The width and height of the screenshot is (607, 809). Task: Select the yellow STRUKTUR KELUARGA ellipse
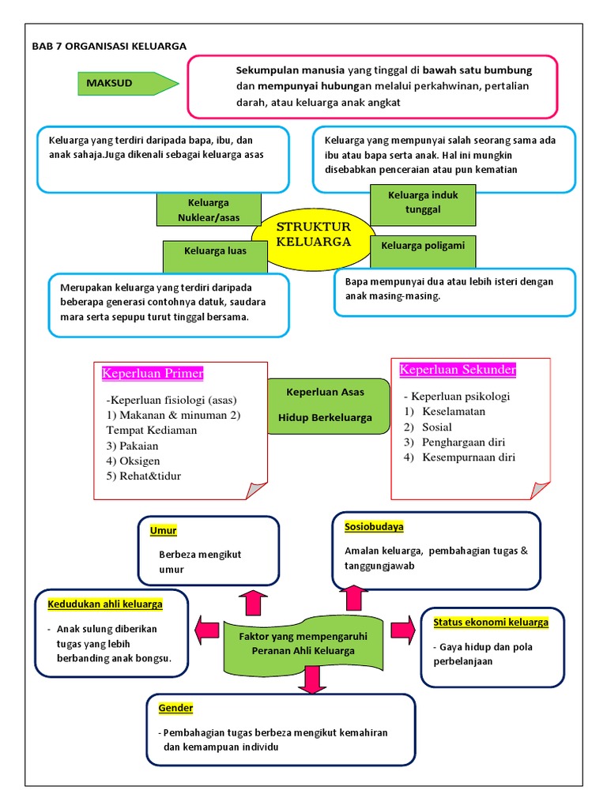pos(313,235)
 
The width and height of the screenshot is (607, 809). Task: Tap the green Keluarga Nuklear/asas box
pos(208,210)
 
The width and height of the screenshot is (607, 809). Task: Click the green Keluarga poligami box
pos(423,246)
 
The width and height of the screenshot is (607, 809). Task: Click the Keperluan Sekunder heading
pos(458,370)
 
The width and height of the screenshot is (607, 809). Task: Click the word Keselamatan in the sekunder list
pos(454,412)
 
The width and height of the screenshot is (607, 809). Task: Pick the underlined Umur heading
pos(163,531)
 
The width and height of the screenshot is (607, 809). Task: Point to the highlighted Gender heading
pos(175,708)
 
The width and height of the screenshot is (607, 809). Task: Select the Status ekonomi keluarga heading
pos(490,623)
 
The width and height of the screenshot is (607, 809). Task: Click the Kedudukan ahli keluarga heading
pos(105,604)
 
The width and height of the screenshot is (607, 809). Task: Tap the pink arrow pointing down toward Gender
pos(314,679)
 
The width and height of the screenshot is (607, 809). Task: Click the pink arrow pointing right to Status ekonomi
pos(402,630)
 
